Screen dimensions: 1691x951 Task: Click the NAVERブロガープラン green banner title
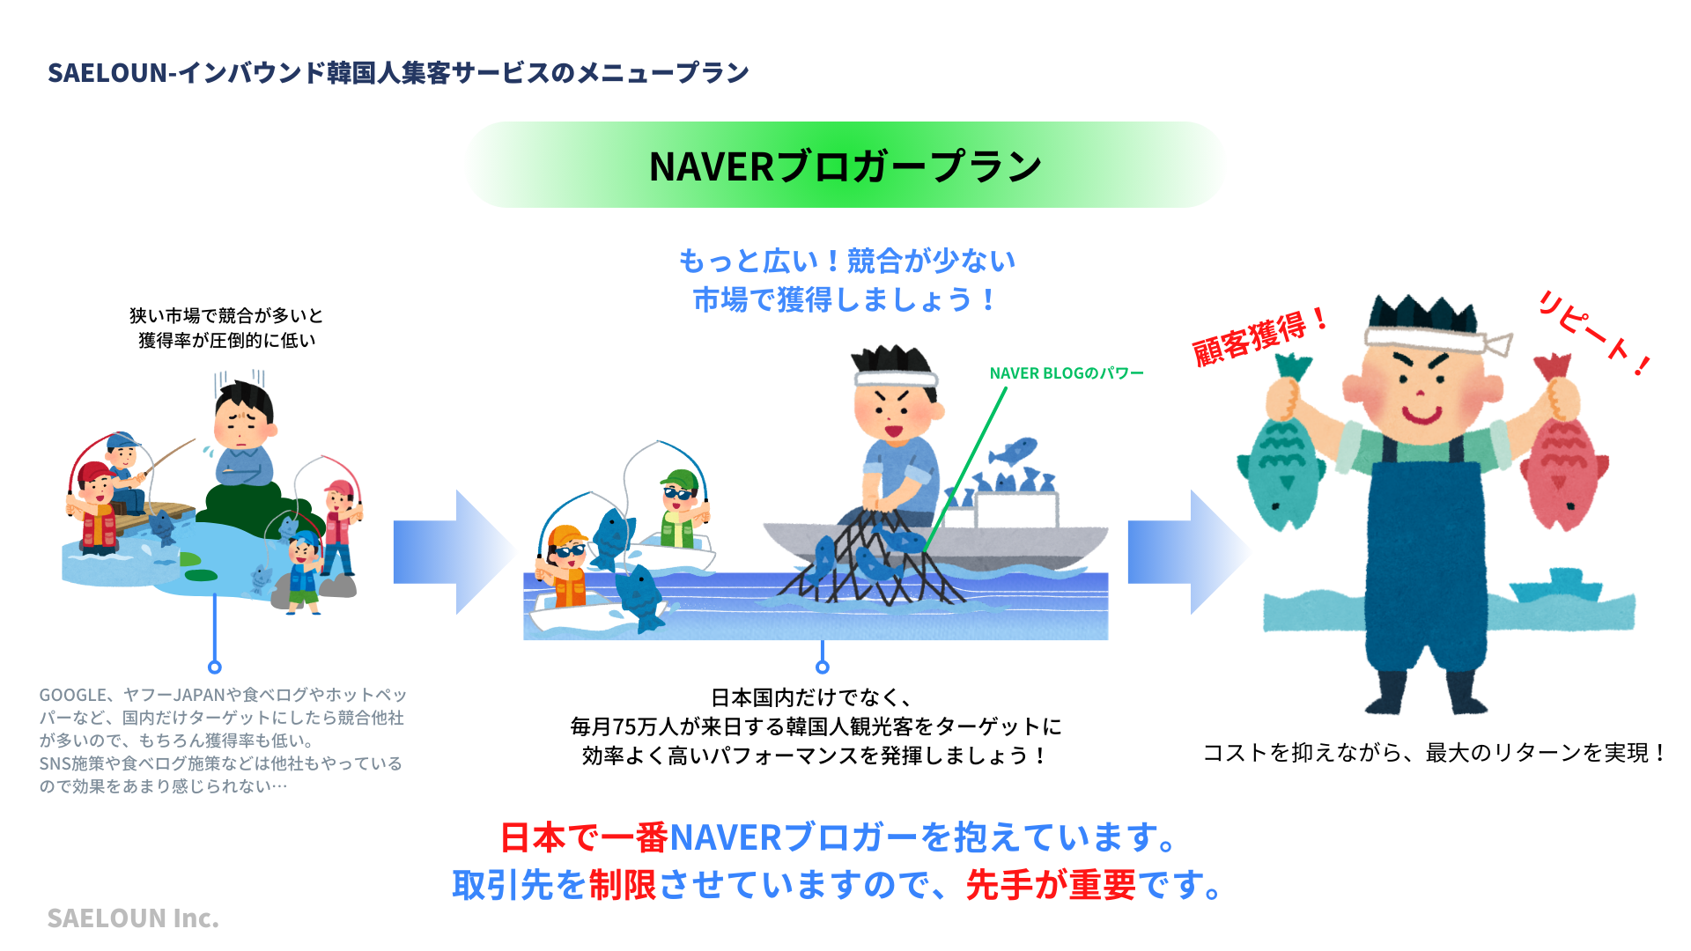click(845, 166)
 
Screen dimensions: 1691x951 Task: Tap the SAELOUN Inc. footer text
click(132, 918)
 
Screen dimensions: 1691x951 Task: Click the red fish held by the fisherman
click(1562, 467)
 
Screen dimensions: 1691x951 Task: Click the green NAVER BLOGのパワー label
click(1066, 373)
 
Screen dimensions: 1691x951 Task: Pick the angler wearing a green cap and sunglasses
click(680, 506)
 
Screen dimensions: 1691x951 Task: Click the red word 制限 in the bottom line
click(623, 885)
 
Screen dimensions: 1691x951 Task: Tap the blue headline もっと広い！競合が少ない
click(845, 261)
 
